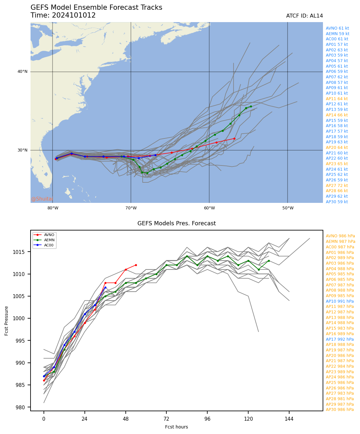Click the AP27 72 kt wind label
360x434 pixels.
tap(337, 185)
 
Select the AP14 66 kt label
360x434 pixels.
tap(337, 115)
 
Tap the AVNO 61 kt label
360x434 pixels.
tap(337, 28)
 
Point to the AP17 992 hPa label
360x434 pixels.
tap(340, 339)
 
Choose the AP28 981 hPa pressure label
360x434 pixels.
tap(340, 399)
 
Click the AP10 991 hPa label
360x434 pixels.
tap(340, 301)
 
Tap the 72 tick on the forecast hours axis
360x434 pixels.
tap(166, 419)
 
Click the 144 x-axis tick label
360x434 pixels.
tap(289, 419)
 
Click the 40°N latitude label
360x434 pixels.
tap(22, 72)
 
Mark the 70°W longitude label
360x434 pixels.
tap(131, 208)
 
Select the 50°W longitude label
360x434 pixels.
tap(288, 208)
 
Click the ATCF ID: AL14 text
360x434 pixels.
tap(304, 16)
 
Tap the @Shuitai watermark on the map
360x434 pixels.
tap(42, 199)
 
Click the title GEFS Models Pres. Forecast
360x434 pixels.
tap(176, 223)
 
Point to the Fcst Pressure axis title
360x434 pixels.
tap(6, 321)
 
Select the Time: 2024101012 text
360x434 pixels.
tap(63, 15)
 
